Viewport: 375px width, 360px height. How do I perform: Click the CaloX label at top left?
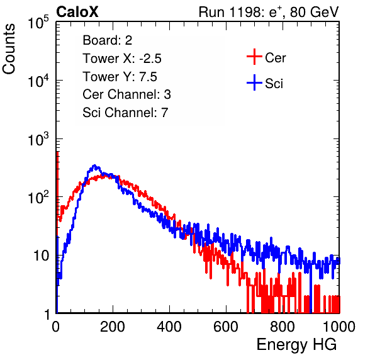pos(77,12)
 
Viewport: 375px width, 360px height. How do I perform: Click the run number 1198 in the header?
pos(246,12)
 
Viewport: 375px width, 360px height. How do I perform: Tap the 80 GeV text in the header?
pos(314,12)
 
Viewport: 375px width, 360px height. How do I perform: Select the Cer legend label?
pos(275,58)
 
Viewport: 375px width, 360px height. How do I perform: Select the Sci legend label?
pos(274,84)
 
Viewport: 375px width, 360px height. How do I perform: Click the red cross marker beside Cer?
pos(254,57)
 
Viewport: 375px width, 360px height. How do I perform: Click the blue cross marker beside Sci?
pos(254,82)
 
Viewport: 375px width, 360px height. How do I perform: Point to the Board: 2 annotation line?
pos(108,40)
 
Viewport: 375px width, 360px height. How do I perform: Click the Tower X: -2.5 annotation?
pos(122,59)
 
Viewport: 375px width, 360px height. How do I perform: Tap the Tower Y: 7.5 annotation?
pos(120,77)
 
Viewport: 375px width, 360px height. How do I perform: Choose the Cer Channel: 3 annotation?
pos(126,94)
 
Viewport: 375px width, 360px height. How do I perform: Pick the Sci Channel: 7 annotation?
pos(125,113)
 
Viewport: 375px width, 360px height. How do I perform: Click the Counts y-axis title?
pos(9,49)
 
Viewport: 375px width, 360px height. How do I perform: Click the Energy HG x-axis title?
pos(296,344)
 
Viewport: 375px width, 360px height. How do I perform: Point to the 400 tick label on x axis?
pos(169,327)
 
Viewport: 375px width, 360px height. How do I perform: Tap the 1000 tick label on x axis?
pos(339,327)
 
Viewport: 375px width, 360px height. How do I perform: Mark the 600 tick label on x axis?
pos(226,327)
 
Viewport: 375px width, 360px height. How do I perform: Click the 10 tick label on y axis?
pos(42,256)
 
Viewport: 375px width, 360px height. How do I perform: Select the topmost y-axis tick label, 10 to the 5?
pos(38,22)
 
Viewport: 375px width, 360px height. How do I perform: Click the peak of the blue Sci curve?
pos(94,165)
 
